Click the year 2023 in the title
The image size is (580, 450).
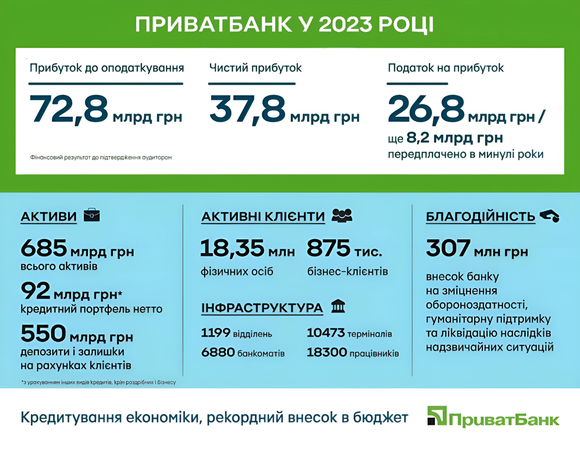coord(345,24)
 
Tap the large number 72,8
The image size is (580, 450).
coord(69,110)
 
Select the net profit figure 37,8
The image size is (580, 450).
coord(247,110)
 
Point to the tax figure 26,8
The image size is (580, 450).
coord(426,110)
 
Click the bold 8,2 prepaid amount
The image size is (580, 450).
coord(418,138)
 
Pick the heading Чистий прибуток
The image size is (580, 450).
coord(255,68)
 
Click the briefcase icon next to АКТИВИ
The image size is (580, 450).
coord(92,215)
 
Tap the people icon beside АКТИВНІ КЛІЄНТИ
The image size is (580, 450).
coord(342,215)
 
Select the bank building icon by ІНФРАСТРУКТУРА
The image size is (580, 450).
coord(338,306)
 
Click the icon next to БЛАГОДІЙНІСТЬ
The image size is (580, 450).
coord(550,216)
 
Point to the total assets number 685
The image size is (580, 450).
coord(44,248)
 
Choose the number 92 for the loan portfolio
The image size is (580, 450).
coord(36,291)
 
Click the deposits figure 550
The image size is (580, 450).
coord(43,333)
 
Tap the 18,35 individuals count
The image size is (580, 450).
coord(232,248)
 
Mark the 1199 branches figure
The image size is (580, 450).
coord(216,333)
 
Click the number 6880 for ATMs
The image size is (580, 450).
coord(218,352)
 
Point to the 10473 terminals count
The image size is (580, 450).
coord(326,333)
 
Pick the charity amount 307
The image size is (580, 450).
coord(448,248)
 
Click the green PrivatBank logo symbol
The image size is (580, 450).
coord(437,415)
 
